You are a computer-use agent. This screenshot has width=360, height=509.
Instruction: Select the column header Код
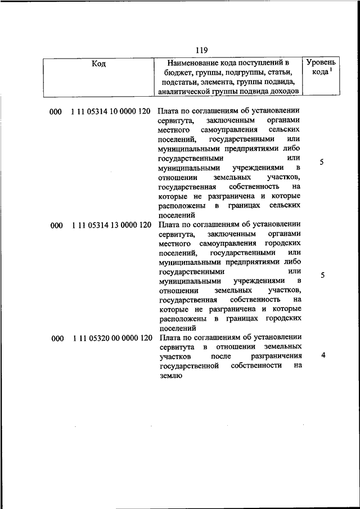tap(98, 64)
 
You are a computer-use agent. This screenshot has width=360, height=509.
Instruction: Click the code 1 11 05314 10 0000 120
tap(111, 112)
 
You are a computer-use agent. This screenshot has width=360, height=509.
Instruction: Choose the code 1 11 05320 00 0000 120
tap(112, 339)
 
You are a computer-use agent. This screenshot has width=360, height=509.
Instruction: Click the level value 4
tap(322, 355)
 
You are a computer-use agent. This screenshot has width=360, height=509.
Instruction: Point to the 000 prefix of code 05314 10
tap(55, 112)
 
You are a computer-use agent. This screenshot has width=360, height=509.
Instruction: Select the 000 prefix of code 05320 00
tap(56, 339)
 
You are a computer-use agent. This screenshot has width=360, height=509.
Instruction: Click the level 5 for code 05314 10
tap(322, 163)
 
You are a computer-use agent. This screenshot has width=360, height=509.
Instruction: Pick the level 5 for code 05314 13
tap(322, 276)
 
